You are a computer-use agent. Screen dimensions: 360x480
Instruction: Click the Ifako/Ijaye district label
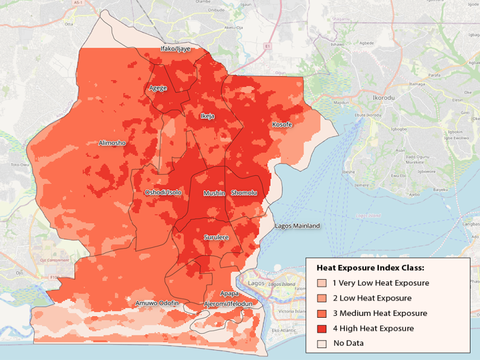coord(176,49)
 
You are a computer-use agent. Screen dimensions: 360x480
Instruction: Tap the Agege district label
coord(158,88)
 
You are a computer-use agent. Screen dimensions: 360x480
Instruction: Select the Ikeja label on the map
coord(207,116)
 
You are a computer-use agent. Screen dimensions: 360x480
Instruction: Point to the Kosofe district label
coord(282,124)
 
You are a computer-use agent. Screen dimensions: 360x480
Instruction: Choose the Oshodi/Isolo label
coord(163,192)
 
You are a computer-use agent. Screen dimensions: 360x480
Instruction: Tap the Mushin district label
coord(214,193)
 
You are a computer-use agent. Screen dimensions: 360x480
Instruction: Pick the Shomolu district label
coord(244,193)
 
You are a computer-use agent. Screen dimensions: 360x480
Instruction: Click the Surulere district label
coord(216,237)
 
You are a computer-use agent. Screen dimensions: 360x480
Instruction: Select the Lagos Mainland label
coord(297,226)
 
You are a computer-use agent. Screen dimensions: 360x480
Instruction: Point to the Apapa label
coord(229,293)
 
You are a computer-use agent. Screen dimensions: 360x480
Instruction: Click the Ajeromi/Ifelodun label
coord(228,303)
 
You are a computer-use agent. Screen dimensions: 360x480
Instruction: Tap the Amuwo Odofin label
coord(157,303)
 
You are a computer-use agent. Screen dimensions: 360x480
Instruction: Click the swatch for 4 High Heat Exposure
coord(322,328)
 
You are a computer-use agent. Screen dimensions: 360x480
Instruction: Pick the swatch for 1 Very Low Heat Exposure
coord(322,283)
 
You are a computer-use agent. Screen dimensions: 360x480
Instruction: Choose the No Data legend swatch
coord(322,343)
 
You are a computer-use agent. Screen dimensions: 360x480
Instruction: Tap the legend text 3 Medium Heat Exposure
coord(379,314)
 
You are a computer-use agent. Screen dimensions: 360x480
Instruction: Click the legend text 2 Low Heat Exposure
coord(372,298)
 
